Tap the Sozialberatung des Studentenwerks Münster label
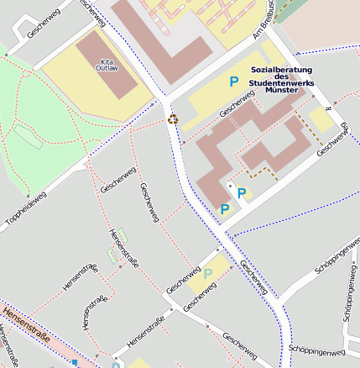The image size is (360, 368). click(281, 84)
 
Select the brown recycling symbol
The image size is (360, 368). click(173, 118)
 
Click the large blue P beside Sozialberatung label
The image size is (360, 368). click(234, 81)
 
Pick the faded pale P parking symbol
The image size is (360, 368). click(208, 273)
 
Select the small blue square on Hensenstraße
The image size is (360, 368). click(75, 362)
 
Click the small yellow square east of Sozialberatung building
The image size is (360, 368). click(321, 118)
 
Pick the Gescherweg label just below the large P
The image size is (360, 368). click(237, 104)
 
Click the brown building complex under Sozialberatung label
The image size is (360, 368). click(252, 143)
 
